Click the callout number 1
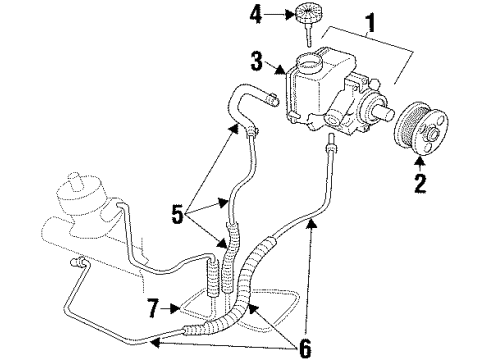point(373,21)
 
